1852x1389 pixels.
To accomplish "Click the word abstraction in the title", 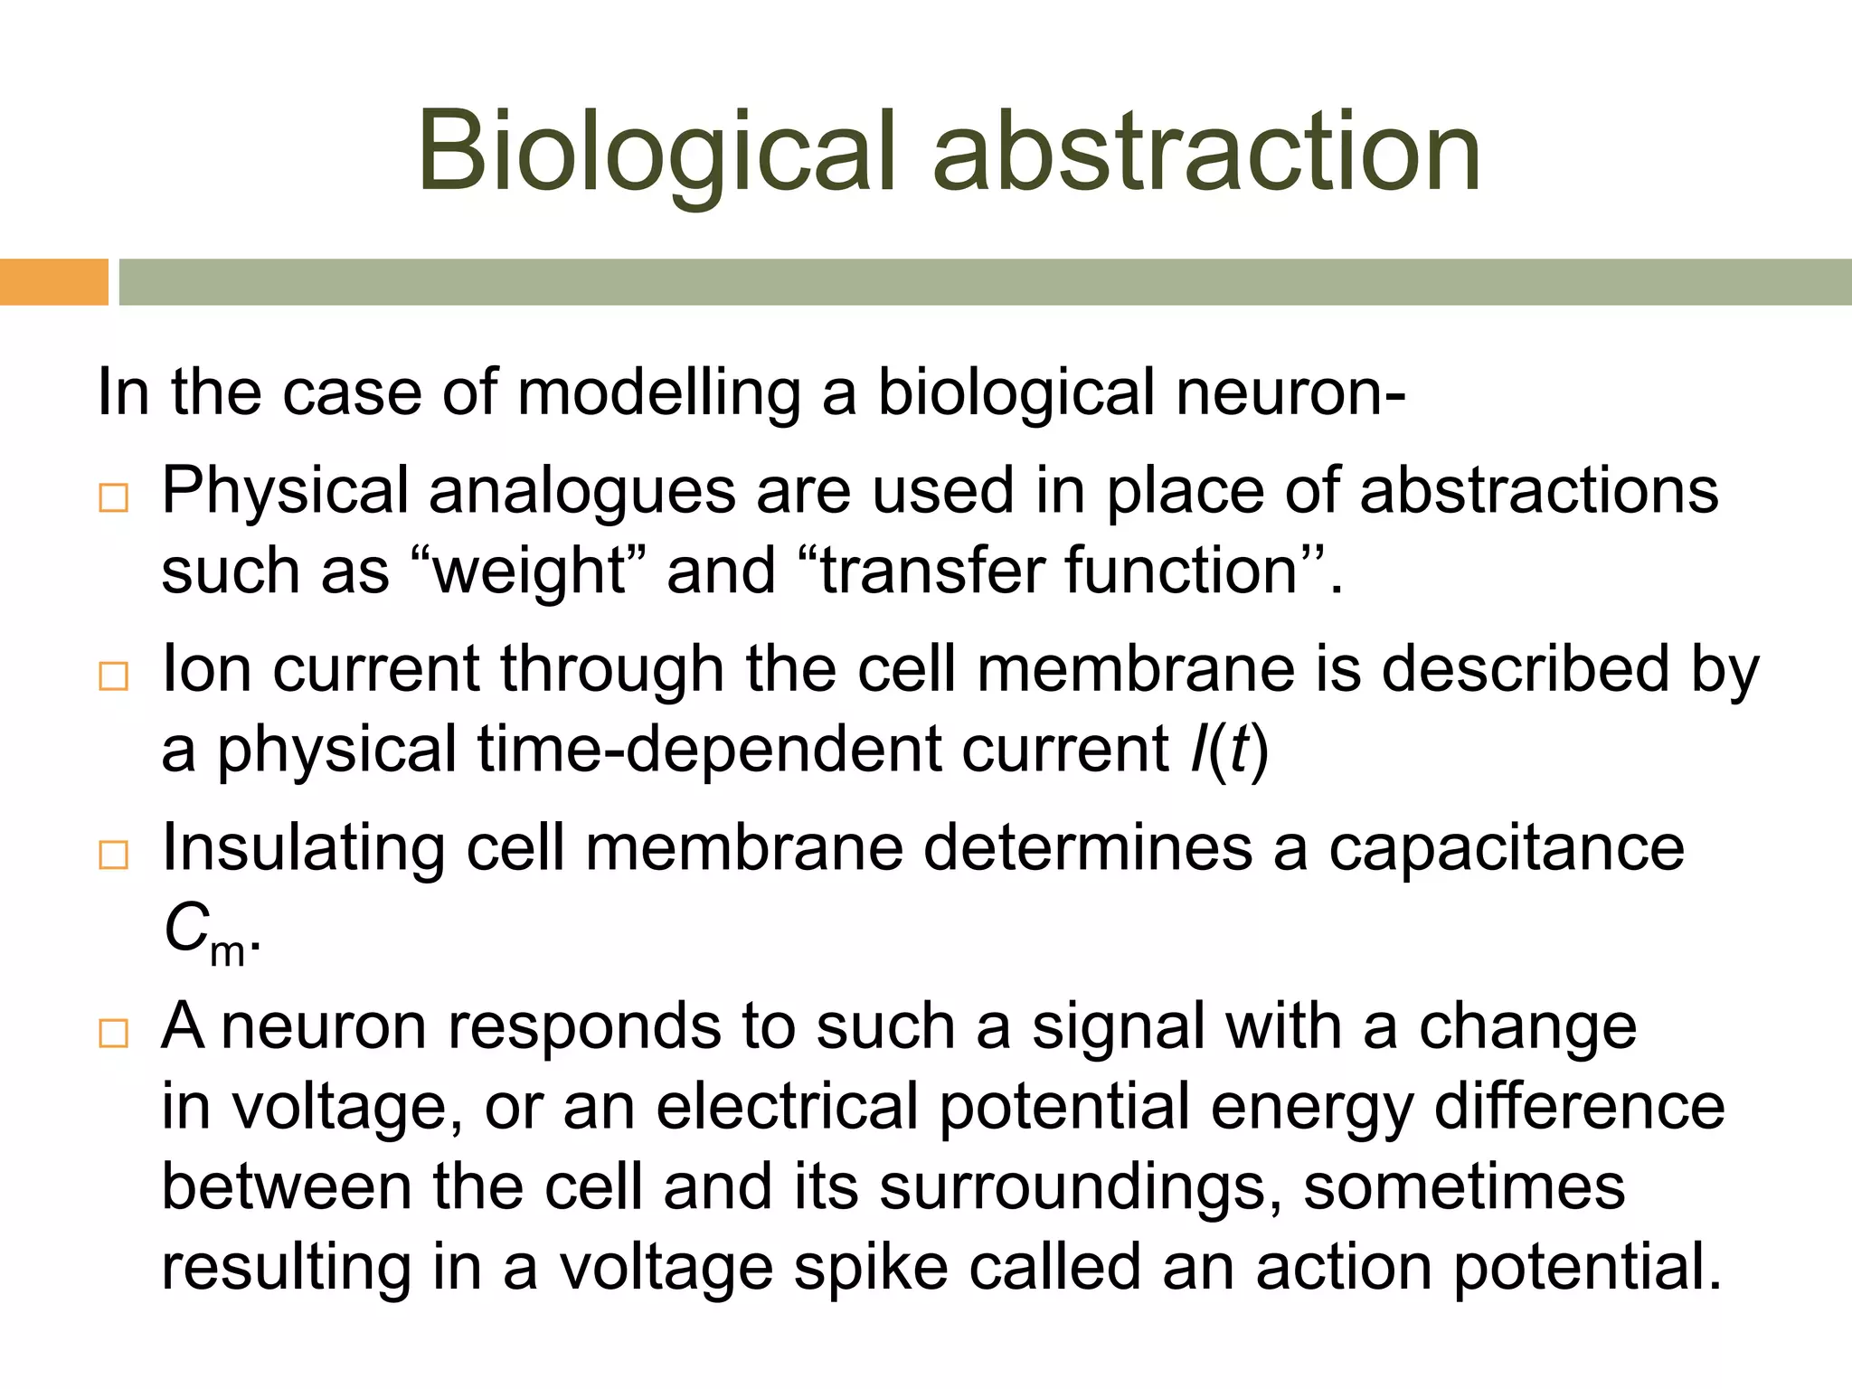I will point(1206,152).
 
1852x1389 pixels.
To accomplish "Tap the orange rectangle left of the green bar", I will point(53,282).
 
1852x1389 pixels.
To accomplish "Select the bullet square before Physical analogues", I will point(114,498).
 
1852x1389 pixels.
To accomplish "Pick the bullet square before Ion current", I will point(114,676).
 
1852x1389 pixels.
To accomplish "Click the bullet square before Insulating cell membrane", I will point(114,855).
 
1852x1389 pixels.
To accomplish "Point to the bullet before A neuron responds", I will point(114,1033).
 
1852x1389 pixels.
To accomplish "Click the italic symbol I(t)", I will point(1230,750).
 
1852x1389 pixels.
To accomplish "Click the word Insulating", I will point(303,850).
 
